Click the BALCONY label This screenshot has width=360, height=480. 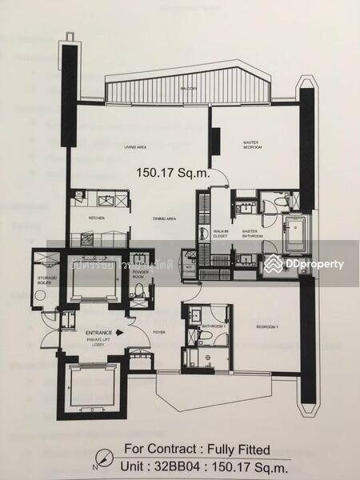(x=189, y=89)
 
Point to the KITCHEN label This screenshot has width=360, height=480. (x=96, y=218)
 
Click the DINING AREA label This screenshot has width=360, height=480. (x=165, y=218)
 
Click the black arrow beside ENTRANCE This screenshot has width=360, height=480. (x=119, y=330)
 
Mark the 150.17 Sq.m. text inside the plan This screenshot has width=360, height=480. (x=173, y=171)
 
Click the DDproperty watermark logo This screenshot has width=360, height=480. (x=305, y=263)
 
